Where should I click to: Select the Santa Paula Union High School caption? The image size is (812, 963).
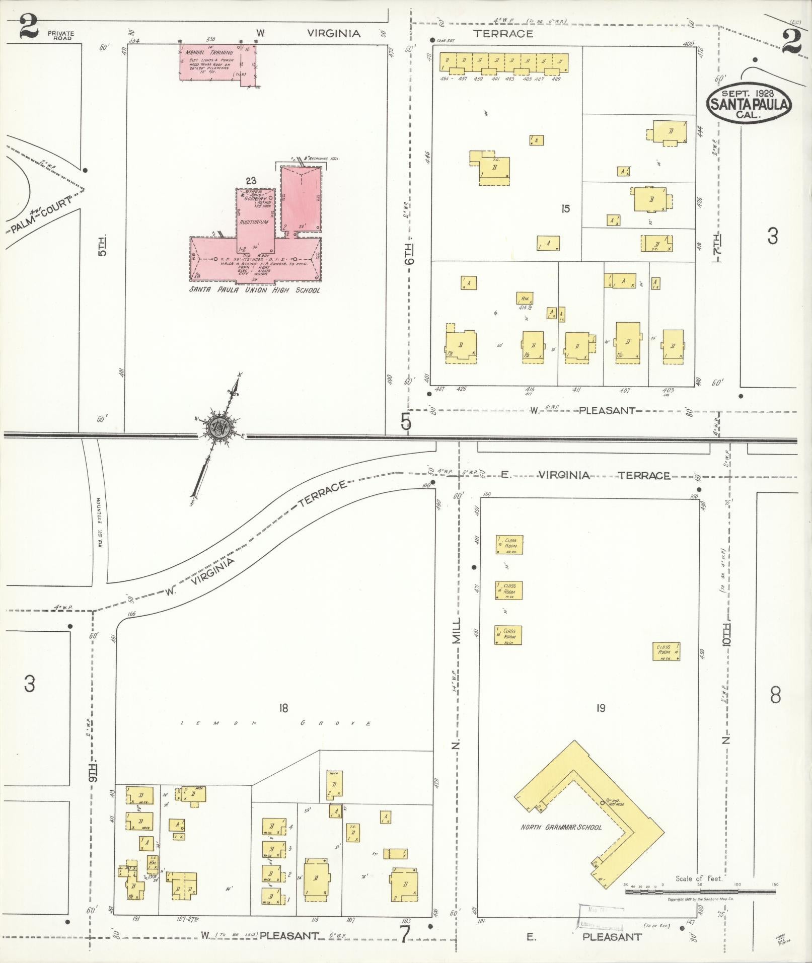(x=254, y=290)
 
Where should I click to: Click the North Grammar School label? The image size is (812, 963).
(x=561, y=827)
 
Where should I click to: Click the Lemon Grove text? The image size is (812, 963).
(x=277, y=723)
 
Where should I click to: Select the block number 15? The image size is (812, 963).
(x=566, y=208)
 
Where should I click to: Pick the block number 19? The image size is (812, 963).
(x=600, y=708)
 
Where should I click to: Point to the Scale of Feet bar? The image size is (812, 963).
(x=700, y=891)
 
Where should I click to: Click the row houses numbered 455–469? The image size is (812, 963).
(x=504, y=64)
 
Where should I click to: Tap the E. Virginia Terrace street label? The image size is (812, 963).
(x=586, y=475)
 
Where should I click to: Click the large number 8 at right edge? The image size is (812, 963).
(x=775, y=695)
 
